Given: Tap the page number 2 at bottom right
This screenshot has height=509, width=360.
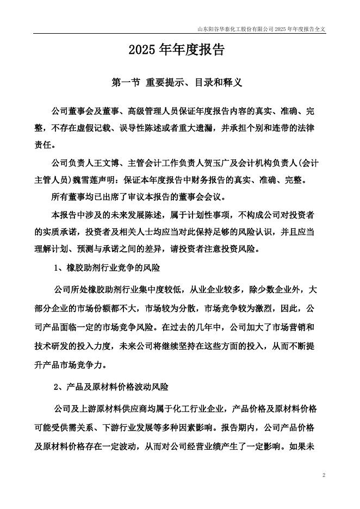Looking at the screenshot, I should (324, 475).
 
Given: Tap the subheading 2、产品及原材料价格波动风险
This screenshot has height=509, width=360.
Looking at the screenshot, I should (111, 387).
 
